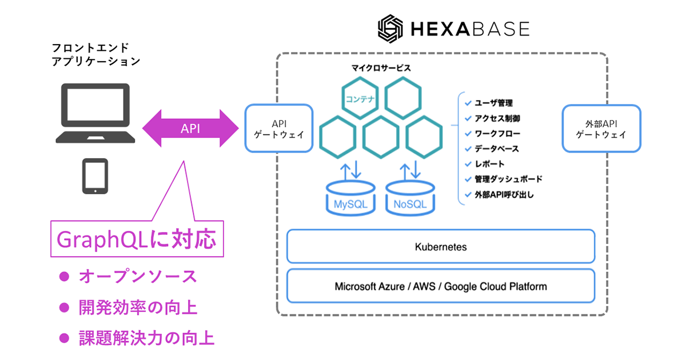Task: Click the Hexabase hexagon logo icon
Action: [x=392, y=29]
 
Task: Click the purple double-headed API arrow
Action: [x=190, y=128]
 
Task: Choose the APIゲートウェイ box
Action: [x=279, y=128]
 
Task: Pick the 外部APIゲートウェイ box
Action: [x=601, y=128]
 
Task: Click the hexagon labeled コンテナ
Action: [x=360, y=98]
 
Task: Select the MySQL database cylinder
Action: [x=349, y=198]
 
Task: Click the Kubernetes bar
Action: [x=441, y=247]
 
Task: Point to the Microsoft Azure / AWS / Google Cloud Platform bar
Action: [x=441, y=286]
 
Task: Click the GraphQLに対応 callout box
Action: [x=136, y=239]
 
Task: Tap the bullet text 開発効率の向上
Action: [x=137, y=308]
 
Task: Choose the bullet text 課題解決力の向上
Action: [x=146, y=338]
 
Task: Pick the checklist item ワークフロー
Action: [x=497, y=134]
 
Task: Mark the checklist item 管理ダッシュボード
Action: [x=508, y=179]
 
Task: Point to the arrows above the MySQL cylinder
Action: [x=349, y=170]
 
